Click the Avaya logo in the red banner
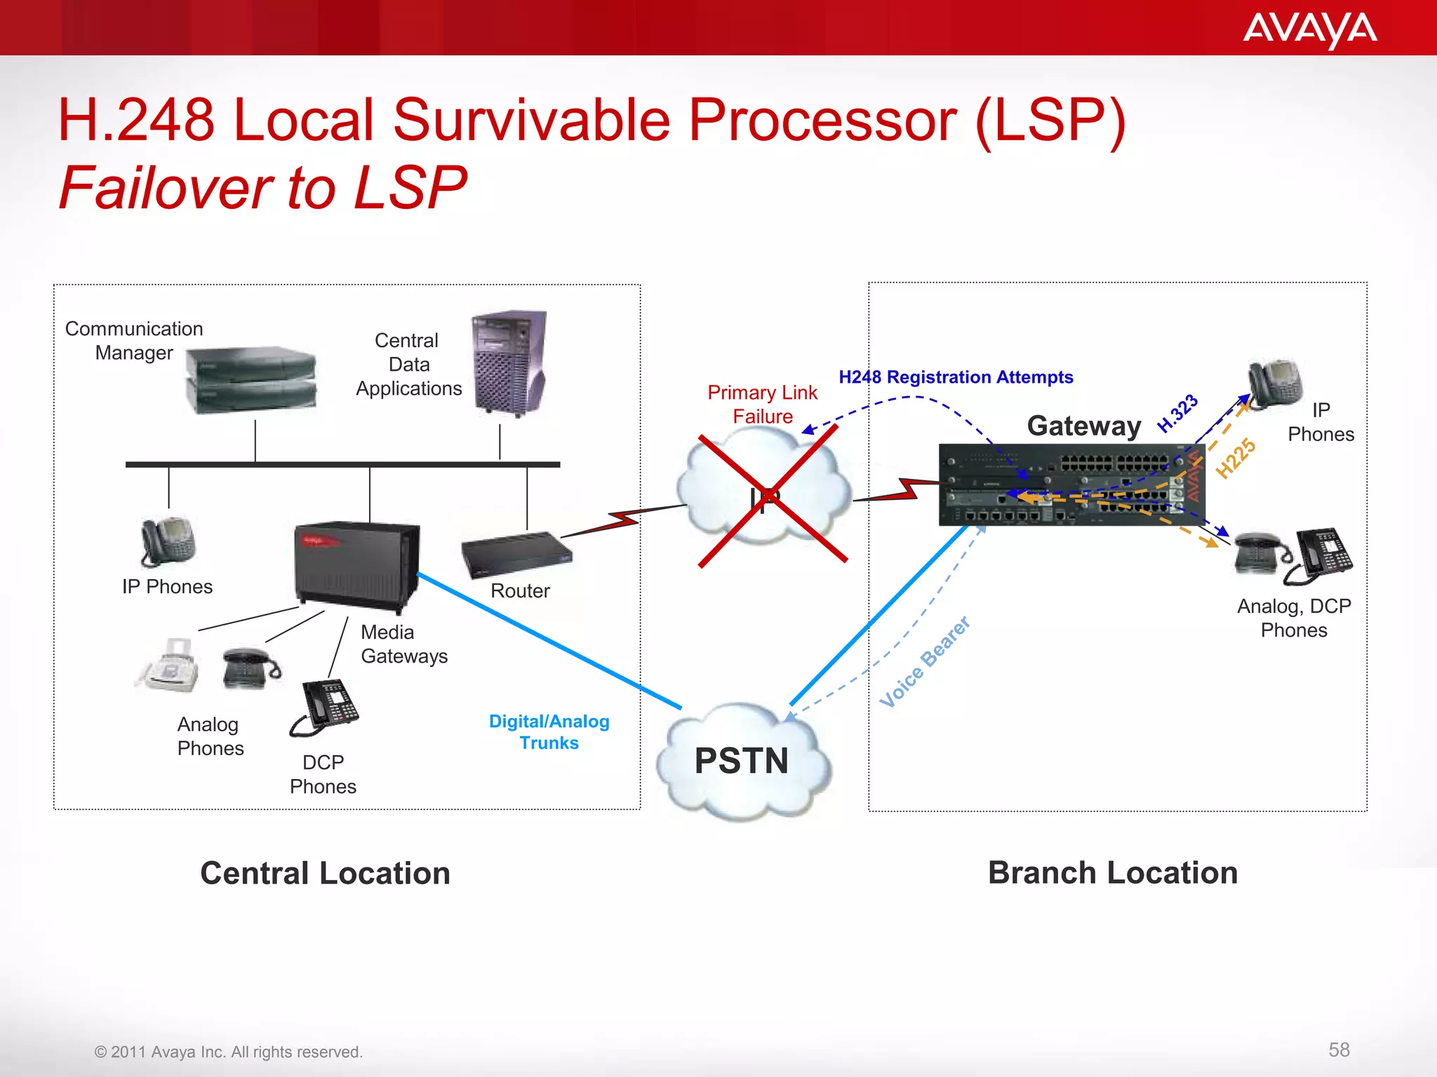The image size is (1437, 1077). pos(1309,29)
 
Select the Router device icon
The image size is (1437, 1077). pos(516,555)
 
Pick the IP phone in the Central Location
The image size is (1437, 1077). pos(168,541)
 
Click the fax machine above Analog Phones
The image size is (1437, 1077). pos(168,665)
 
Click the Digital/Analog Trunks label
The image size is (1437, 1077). pos(549,732)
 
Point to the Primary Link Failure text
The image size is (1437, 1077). pos(762,404)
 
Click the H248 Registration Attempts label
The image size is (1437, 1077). pos(956,377)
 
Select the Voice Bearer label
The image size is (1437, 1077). pos(925,663)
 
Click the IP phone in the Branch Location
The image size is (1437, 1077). pos(1274,384)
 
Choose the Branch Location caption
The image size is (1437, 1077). pos(1113,873)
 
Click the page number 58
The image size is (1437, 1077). pos(1339,1050)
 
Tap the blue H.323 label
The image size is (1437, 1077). pos(1177,414)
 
